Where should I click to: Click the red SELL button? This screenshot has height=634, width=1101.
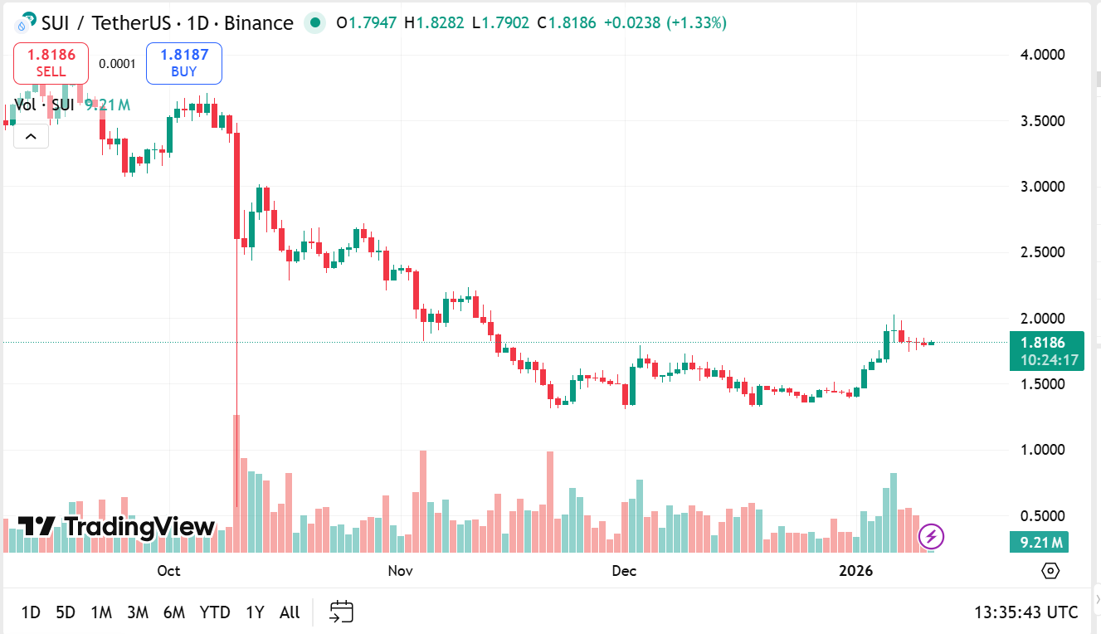point(51,63)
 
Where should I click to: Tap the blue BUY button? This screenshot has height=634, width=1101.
point(184,63)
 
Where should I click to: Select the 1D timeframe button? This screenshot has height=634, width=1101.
point(31,612)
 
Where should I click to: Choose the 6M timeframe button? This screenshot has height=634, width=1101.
point(173,612)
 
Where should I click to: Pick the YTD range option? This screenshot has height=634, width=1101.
point(215,612)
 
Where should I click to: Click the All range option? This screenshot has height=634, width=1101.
point(290,612)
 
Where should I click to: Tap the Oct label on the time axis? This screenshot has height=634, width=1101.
point(168,571)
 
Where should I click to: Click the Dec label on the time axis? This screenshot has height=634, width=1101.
point(624,571)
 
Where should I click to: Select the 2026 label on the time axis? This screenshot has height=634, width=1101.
point(856,571)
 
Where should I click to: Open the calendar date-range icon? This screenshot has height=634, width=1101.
point(342,612)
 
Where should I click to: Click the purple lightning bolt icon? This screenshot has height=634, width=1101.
point(931,537)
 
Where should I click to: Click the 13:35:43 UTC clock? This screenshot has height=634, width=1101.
point(1026,612)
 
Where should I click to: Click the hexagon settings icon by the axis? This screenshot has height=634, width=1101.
point(1050,571)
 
